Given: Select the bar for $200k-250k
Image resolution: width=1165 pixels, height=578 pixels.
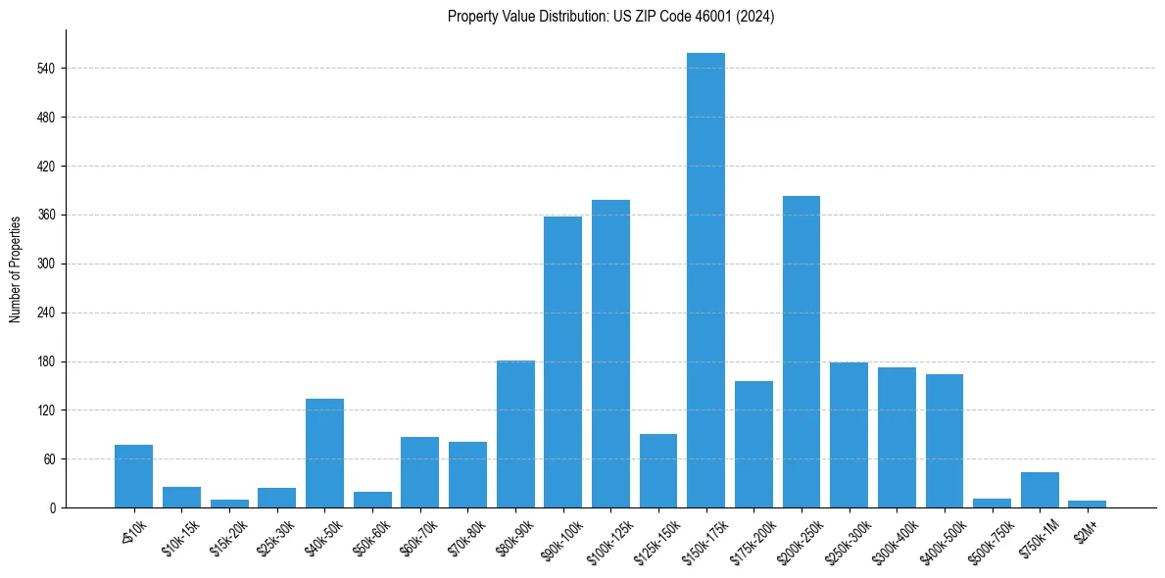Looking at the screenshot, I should pyautogui.click(x=801, y=352).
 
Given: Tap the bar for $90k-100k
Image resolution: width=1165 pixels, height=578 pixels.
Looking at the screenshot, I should pyautogui.click(x=562, y=361).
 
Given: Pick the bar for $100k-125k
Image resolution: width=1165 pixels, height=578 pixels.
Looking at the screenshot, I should pyautogui.click(x=610, y=354).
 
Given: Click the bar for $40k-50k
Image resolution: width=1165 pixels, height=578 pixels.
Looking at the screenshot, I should pyautogui.click(x=324, y=453).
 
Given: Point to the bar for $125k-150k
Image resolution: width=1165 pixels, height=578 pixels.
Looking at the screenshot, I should pyautogui.click(x=658, y=470).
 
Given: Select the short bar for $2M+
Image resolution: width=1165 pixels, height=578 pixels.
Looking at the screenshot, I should pyautogui.click(x=1087, y=504).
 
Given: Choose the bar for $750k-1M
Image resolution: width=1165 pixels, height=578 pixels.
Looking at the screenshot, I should pyautogui.click(x=1040, y=490).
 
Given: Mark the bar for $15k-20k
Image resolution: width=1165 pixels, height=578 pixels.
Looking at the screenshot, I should pyautogui.click(x=229, y=504).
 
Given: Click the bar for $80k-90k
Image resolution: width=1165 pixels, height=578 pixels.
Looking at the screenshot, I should pyautogui.click(x=515, y=434).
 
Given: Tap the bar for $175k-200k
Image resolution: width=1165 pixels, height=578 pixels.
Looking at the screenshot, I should pyautogui.click(x=753, y=444).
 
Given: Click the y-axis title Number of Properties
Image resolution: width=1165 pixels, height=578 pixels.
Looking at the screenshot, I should pyautogui.click(x=15, y=268).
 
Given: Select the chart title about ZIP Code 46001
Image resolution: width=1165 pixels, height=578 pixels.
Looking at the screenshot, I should pyautogui.click(x=610, y=17).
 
